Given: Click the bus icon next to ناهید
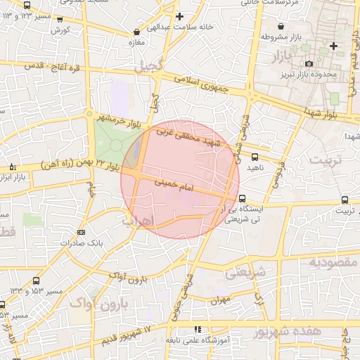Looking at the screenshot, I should (254, 157).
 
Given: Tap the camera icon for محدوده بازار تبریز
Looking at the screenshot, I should (309, 64).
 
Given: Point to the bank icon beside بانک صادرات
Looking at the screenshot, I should (82, 232).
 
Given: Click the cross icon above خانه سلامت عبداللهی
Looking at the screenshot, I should (180, 16).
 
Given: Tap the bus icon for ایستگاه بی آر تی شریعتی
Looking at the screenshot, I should (243, 199).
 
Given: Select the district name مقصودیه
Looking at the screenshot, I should (333, 262).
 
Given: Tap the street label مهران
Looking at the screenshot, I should (219, 300).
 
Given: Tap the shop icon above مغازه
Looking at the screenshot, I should (136, 32).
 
